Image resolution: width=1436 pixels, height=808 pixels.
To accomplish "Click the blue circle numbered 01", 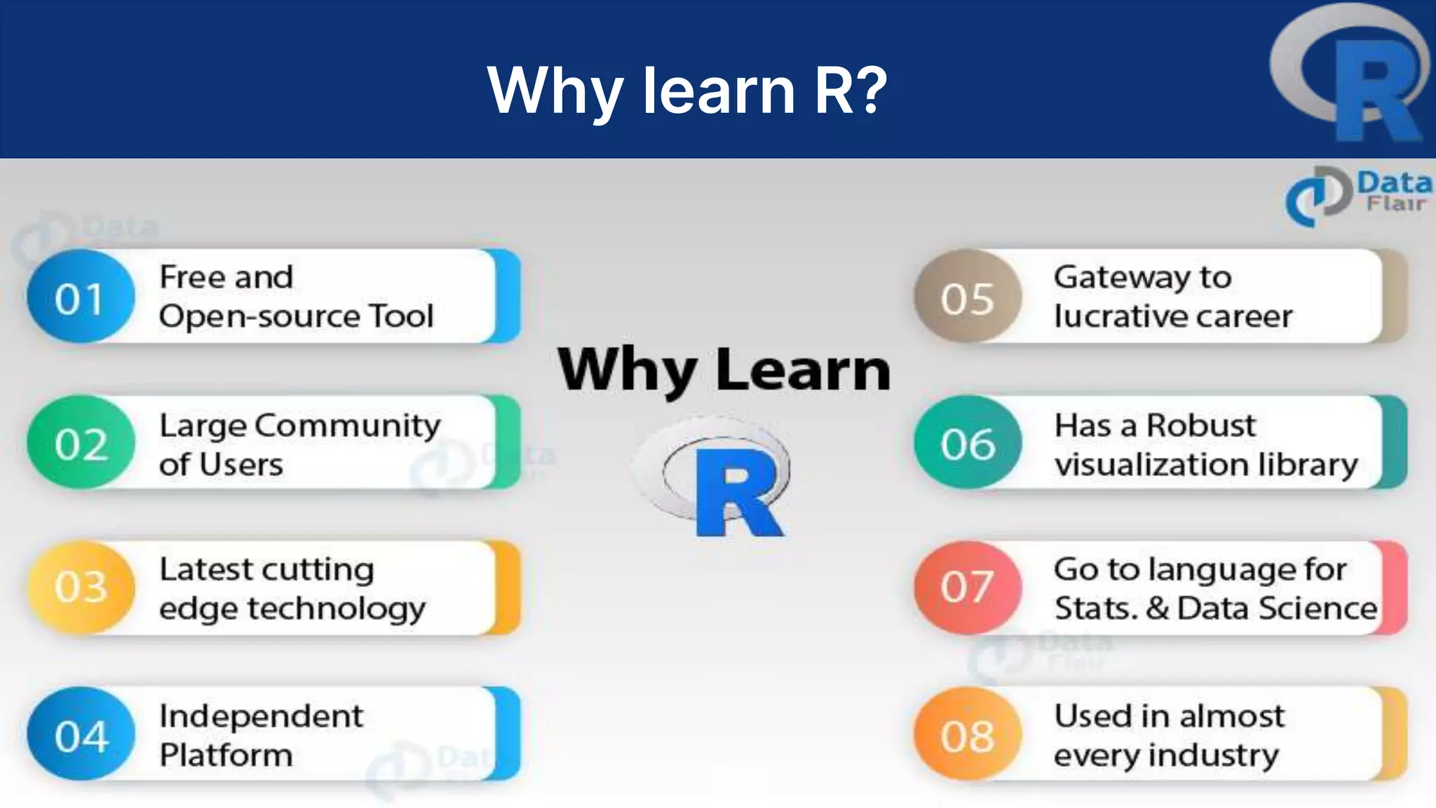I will pos(81,297).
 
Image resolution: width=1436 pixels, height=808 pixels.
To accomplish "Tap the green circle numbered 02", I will pos(81,443).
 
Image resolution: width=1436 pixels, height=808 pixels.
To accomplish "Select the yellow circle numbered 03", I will pos(81,588).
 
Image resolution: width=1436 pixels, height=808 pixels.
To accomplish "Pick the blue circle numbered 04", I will pos(81,734).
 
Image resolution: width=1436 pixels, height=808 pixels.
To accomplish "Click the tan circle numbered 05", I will pos(968,297).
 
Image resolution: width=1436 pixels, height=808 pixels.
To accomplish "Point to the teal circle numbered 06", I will pos(968,443).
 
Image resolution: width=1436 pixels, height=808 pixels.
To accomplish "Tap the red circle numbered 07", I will pos(968,588).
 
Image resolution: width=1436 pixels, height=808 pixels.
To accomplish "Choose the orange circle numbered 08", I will pos(968,734).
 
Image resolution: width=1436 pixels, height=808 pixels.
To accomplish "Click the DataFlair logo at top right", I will pos(1357,195).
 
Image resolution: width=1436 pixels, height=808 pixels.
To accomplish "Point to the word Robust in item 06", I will pos(1200,425).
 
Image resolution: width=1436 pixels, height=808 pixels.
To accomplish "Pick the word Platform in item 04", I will pos(226,755).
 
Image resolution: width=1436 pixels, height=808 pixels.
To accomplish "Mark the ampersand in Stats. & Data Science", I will pos(1158,608).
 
